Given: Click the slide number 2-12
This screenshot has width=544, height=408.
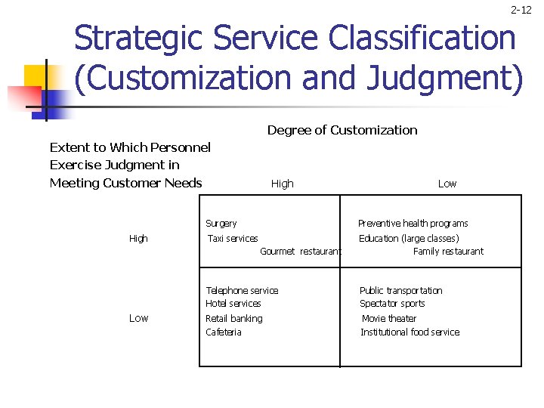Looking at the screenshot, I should [x=521, y=10].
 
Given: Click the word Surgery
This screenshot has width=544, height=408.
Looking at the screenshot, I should [x=221, y=224].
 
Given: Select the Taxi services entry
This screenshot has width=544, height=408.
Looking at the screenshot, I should [x=233, y=239].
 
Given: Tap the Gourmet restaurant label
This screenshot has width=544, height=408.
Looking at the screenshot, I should [x=300, y=252].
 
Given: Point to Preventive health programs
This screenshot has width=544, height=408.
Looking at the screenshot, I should [x=413, y=224].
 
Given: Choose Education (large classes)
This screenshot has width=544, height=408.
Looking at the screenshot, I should [x=409, y=239].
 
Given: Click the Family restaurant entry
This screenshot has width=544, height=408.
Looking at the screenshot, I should [x=448, y=252].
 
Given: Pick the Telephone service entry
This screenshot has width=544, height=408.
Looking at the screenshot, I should [x=242, y=291].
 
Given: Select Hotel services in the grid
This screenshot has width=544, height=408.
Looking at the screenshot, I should [x=233, y=304].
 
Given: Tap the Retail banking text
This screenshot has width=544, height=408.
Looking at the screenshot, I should [x=234, y=319].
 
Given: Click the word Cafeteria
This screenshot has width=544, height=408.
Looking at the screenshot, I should [x=224, y=332].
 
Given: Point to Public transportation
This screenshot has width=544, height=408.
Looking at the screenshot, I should [x=400, y=291].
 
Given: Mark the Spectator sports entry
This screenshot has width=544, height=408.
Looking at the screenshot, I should [x=392, y=304].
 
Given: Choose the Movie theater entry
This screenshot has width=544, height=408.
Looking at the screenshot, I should [x=389, y=319].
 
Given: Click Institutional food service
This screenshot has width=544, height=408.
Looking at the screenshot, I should [x=410, y=332].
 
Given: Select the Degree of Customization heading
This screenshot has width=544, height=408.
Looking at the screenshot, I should [x=342, y=130].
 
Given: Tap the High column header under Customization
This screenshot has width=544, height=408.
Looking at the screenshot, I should [x=282, y=184].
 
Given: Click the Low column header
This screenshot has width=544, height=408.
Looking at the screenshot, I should [x=447, y=184].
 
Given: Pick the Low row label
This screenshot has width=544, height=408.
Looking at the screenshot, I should [x=138, y=318].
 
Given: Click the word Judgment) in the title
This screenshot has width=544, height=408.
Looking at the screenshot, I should [x=454, y=79].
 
